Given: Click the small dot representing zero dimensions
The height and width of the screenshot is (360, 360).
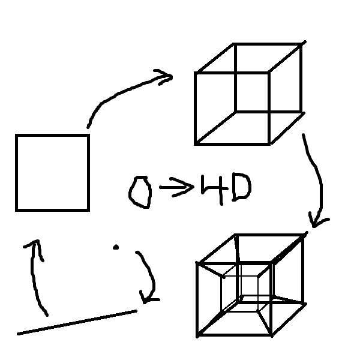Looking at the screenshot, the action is click(116, 247).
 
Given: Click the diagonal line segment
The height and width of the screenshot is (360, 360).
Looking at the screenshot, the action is click(77, 322).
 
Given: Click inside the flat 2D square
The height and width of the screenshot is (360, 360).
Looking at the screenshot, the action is click(52, 173).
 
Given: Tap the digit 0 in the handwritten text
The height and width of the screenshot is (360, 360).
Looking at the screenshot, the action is click(140, 193).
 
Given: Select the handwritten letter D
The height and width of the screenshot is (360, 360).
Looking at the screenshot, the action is click(242, 187).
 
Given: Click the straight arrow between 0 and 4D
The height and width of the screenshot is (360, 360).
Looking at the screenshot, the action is click(177, 187).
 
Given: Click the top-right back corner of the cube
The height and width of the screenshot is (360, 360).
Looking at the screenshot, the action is click(301, 44).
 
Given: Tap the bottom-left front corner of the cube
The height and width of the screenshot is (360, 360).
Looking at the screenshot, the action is click(196, 144).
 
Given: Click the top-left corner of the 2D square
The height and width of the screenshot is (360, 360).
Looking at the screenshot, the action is click(17, 136).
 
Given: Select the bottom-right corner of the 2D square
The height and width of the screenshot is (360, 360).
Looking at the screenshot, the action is click(88, 210).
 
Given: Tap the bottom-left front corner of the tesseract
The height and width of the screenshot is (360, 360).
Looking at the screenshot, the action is click(197, 335).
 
